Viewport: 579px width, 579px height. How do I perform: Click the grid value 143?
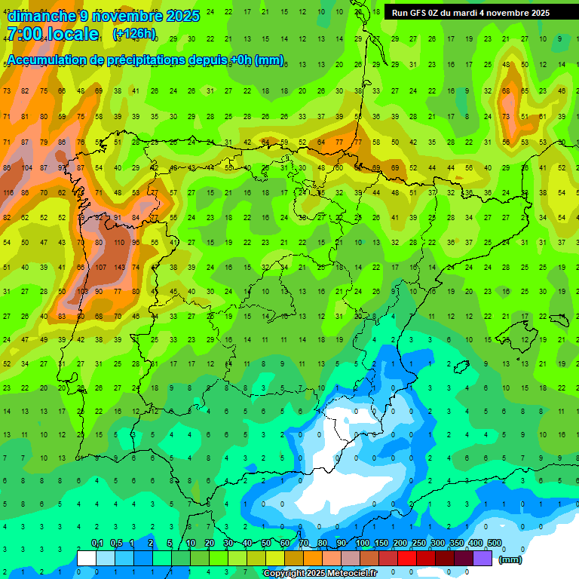(118, 267)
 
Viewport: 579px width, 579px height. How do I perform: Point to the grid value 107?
(100, 267)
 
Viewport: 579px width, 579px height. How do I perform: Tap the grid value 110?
(118, 243)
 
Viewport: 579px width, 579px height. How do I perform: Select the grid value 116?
(8, 193)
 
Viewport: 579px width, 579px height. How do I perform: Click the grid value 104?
(26, 168)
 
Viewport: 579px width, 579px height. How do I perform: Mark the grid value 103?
(81, 292)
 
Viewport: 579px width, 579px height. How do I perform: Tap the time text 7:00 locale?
(52, 34)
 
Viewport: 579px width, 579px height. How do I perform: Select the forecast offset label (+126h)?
(133, 34)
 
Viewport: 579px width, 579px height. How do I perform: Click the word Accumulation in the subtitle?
(51, 60)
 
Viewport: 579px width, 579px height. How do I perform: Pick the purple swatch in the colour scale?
(482, 558)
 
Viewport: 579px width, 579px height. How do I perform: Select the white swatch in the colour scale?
(87, 558)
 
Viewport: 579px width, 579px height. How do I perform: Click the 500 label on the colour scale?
(494, 544)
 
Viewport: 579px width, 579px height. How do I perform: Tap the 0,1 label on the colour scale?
(97, 544)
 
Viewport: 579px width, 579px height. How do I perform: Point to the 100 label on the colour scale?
(362, 544)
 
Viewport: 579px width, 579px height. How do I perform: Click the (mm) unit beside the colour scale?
(510, 559)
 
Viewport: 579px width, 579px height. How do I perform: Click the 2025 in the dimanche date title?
(183, 16)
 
